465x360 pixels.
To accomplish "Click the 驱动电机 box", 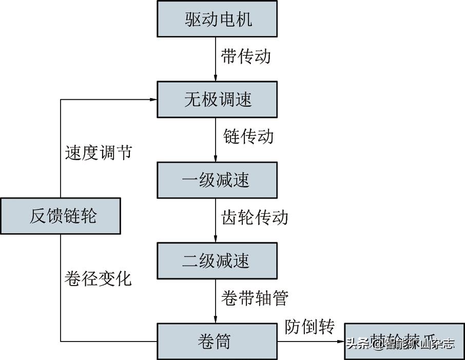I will coord(217,19).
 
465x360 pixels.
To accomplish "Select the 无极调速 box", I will coord(217,99).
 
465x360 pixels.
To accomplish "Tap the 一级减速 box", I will coord(217,180).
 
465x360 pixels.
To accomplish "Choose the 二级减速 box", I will coord(217,260).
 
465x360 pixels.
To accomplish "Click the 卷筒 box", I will coord(217,341).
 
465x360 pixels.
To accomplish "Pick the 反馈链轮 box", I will coord(60,216).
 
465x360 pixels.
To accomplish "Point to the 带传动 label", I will coord(245,56).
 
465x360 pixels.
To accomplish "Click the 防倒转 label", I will coord(309,327).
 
